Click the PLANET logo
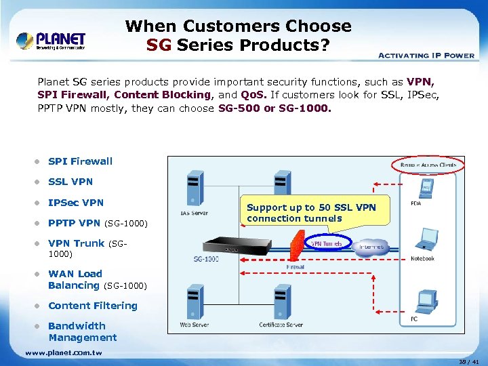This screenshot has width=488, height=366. click(51, 40)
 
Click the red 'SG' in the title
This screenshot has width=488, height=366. click(160, 46)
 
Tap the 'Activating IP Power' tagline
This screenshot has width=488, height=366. click(425, 55)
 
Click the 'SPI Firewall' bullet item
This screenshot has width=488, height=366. click(80, 161)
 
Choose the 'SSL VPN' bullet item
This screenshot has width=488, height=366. click(70, 182)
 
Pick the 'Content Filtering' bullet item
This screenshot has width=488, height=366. click(92, 306)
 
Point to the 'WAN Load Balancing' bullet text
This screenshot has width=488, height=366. click(75, 279)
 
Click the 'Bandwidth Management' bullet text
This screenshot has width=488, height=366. click(82, 331)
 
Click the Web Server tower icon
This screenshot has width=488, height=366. click(194, 302)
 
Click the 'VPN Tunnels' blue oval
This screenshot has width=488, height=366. click(327, 243)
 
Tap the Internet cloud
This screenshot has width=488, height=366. click(371, 247)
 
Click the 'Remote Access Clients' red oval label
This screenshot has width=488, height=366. click(428, 165)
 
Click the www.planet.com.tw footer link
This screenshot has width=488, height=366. click(63, 352)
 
